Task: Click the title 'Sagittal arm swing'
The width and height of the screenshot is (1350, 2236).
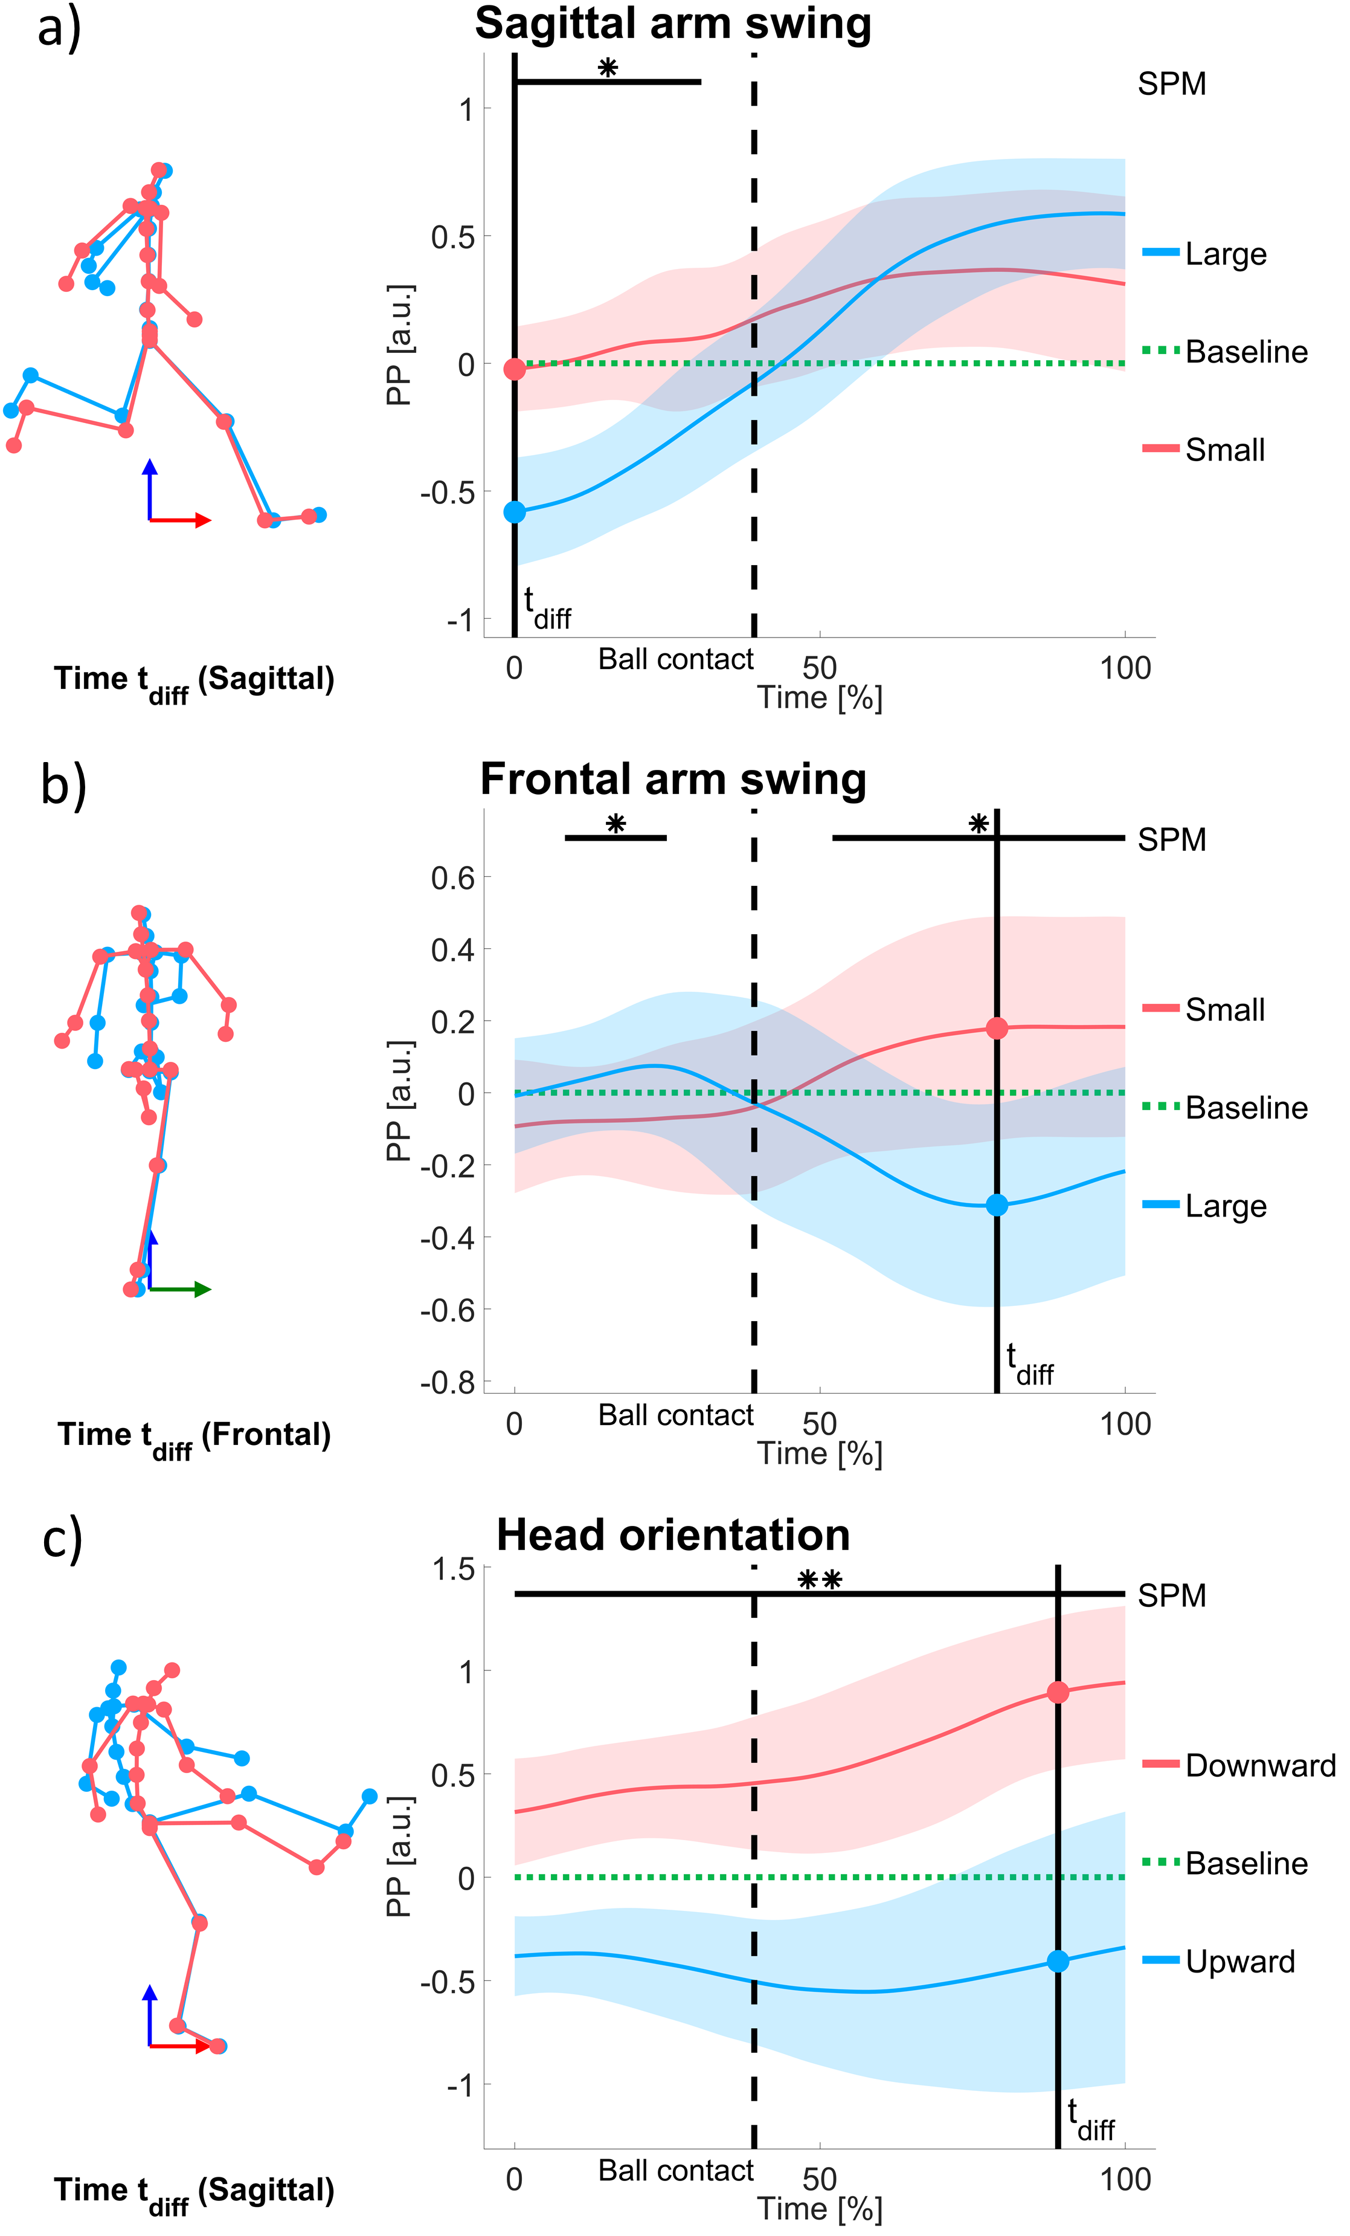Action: pos(672,25)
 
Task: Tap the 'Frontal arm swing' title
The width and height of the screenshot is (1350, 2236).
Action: pos(672,780)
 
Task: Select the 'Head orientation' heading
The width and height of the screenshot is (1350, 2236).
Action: pos(672,1536)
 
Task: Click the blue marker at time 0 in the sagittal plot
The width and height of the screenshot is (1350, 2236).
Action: pos(515,512)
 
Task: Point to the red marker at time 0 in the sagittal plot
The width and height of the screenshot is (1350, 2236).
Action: pos(515,369)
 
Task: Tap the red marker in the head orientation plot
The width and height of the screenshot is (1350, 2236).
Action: pos(1057,1693)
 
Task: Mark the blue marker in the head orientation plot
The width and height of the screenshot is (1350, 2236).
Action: pos(1057,1961)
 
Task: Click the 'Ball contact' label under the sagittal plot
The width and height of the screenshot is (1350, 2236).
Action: pos(676,660)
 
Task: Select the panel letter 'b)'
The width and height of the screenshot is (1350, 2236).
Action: pos(63,784)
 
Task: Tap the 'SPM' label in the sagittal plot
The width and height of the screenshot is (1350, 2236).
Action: pos(1171,85)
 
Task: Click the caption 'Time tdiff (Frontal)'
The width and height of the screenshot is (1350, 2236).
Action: pos(194,1436)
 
